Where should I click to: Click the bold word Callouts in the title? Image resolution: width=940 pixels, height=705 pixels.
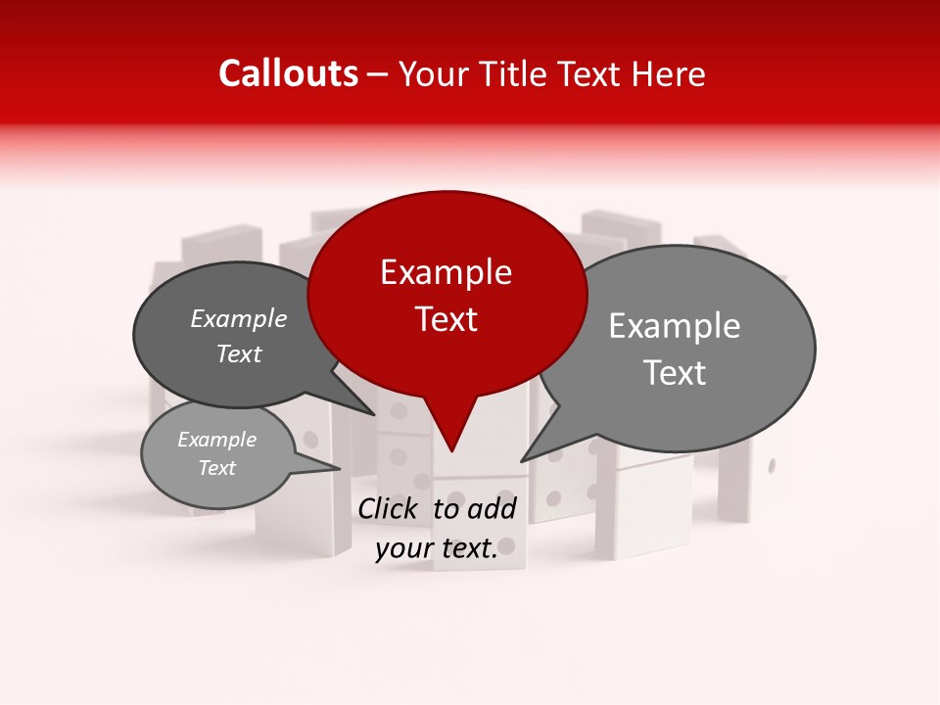click(288, 73)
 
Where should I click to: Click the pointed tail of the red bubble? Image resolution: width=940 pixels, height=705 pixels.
click(450, 446)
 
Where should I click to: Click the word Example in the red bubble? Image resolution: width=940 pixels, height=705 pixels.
click(446, 272)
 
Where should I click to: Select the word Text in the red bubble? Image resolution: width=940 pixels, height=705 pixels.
click(446, 319)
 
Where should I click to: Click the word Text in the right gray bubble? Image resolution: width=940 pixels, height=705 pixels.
click(676, 372)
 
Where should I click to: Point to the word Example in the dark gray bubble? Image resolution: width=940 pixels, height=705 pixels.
click(239, 318)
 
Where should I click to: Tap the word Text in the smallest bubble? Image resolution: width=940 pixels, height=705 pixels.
click(217, 468)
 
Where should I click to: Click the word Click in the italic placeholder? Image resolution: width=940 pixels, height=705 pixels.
click(388, 508)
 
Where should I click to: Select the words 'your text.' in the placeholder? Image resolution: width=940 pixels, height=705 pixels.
click(437, 549)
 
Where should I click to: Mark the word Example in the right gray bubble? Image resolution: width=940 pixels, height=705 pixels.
click(675, 326)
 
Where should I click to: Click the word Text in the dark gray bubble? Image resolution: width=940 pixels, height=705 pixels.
click(239, 353)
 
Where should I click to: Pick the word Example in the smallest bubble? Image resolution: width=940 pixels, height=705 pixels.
click(217, 440)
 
